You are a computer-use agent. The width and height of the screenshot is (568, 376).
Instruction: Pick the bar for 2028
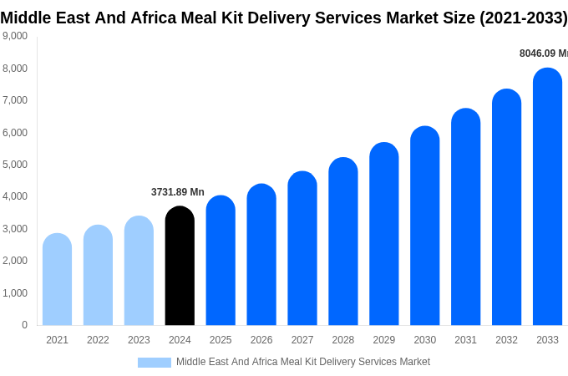click(342, 241)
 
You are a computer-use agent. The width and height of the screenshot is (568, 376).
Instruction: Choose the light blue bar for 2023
click(139, 271)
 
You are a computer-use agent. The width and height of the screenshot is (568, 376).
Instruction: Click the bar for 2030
click(424, 226)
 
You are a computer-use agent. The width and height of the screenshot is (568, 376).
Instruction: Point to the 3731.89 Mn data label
click(177, 192)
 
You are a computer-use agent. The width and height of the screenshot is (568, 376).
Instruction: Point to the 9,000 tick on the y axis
click(14, 36)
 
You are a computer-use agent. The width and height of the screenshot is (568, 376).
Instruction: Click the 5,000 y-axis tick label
click(14, 165)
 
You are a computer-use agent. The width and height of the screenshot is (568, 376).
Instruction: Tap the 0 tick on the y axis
click(24, 325)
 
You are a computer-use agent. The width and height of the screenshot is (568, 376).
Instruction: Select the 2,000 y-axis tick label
click(14, 261)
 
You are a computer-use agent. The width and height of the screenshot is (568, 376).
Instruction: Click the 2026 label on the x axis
click(261, 340)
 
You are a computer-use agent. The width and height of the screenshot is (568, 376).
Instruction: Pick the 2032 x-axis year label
click(506, 340)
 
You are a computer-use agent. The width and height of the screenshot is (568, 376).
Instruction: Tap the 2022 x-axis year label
click(98, 340)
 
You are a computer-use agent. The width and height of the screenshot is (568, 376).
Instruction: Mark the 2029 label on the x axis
click(383, 340)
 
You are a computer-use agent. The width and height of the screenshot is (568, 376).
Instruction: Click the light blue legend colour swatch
click(154, 363)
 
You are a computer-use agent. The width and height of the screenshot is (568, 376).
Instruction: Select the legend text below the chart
click(302, 362)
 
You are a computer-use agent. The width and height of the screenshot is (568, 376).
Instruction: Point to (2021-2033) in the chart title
click(523, 18)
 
